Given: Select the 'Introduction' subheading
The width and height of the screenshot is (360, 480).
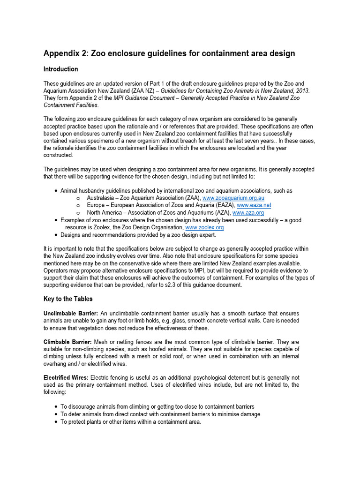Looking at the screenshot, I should tap(61, 69).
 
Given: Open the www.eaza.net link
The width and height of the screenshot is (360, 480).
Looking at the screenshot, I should tap(254, 205).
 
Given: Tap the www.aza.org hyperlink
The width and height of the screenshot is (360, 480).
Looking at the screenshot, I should tap(251, 213).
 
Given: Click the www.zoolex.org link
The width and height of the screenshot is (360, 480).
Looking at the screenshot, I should tap(205, 227).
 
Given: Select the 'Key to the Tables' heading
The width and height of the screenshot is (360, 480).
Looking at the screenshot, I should tap(68, 299).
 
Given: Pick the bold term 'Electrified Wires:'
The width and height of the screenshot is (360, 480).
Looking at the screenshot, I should tap(66, 377).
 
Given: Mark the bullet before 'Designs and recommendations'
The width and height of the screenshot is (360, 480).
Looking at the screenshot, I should tap(57, 235).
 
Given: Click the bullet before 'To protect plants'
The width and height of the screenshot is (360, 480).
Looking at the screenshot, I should tap(57, 422).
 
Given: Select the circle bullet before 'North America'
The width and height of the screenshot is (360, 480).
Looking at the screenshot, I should tap(77, 213).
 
